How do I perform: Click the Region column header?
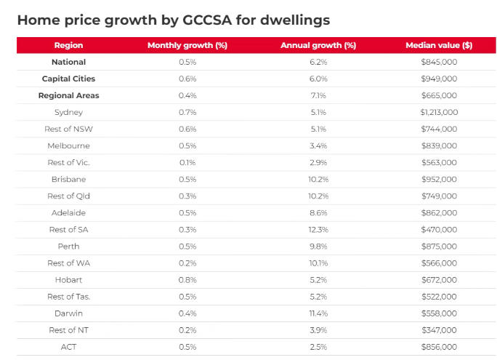click(x=68, y=45)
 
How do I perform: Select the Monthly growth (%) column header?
click(x=187, y=45)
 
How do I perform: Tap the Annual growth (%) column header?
click(x=318, y=45)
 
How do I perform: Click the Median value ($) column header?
click(x=439, y=45)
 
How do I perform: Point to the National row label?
click(x=68, y=62)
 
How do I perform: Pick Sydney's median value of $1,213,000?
click(x=439, y=112)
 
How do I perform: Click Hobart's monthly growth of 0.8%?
click(x=187, y=279)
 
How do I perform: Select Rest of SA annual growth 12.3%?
click(x=318, y=229)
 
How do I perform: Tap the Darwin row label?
click(x=68, y=313)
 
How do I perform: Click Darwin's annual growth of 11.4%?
click(x=318, y=313)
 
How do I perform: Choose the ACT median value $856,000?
click(x=439, y=346)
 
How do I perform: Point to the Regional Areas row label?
click(x=68, y=95)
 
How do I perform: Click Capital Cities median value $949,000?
click(x=439, y=79)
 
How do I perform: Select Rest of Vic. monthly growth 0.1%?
click(x=187, y=162)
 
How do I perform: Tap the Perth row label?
click(x=68, y=246)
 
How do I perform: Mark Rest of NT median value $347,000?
click(x=439, y=329)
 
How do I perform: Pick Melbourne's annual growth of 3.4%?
click(x=318, y=145)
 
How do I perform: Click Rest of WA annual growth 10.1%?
click(x=318, y=263)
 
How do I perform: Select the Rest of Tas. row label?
click(x=68, y=296)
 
